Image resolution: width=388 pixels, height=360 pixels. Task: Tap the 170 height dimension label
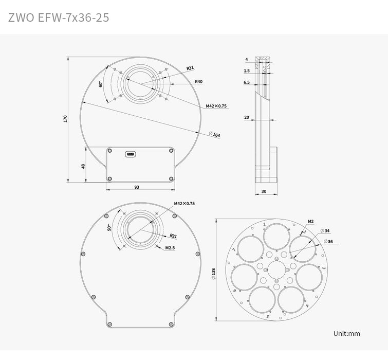(x=65, y=119)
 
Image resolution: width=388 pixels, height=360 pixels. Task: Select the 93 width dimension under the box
(x=137, y=187)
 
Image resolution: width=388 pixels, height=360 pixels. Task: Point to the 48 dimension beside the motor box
(x=83, y=166)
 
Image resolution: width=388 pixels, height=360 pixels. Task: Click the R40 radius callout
(x=198, y=81)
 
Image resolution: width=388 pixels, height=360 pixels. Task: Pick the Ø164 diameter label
(x=215, y=135)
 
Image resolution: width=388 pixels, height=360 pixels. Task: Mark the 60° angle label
(x=101, y=84)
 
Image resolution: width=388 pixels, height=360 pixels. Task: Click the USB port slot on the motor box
(x=131, y=154)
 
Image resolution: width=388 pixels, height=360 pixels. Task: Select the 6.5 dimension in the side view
(x=247, y=82)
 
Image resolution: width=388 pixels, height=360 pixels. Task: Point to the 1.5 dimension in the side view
(x=247, y=71)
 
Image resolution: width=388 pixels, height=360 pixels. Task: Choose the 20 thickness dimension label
(x=247, y=117)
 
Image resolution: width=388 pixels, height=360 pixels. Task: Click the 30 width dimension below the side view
(x=264, y=191)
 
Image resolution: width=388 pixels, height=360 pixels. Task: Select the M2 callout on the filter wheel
(x=310, y=222)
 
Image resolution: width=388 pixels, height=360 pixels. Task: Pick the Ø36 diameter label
(x=328, y=241)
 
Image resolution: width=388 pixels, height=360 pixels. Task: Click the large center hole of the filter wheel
(x=276, y=269)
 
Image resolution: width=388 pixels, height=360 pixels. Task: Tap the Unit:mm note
(x=347, y=333)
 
